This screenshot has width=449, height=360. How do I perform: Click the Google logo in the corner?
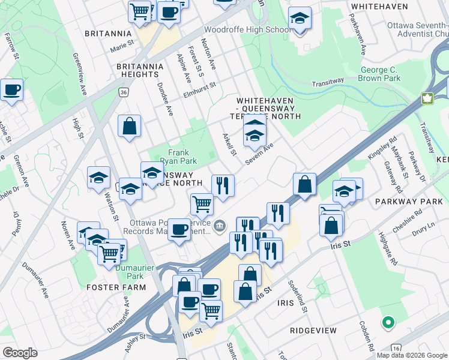tap(20, 353)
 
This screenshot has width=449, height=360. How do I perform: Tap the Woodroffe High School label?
tap(248, 29)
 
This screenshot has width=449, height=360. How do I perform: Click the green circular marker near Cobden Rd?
tap(388, 323)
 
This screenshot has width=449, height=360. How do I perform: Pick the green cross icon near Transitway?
tap(428, 98)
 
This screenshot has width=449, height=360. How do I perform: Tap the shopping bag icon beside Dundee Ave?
tap(129, 126)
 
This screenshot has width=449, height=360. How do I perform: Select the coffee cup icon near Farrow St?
tap(11, 90)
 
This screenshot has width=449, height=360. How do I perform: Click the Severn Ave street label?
tap(259, 154)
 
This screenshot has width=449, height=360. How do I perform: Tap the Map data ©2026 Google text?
tap(412, 355)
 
